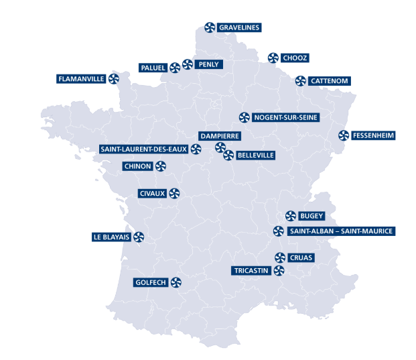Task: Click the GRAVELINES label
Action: coord(239,27)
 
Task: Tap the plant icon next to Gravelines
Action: coord(209,27)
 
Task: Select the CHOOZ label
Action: coord(295,58)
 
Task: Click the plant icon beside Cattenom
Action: coord(301,81)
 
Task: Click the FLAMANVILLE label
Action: coord(82,78)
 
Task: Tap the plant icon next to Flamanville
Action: coord(114,78)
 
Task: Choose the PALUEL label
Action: coord(153,67)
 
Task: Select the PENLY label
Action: coord(209,64)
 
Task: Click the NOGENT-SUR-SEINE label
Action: coord(285,117)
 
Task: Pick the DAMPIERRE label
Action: coord(220,136)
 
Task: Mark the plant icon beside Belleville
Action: coord(228,156)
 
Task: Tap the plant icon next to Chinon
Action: coord(161,166)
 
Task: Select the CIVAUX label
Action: coord(151,194)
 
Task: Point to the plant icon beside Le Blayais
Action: coord(139,237)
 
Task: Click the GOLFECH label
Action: coord(150,282)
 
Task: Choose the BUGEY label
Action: coord(311,216)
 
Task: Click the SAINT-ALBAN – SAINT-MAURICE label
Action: coord(341,231)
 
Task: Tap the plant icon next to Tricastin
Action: coord(279,270)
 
